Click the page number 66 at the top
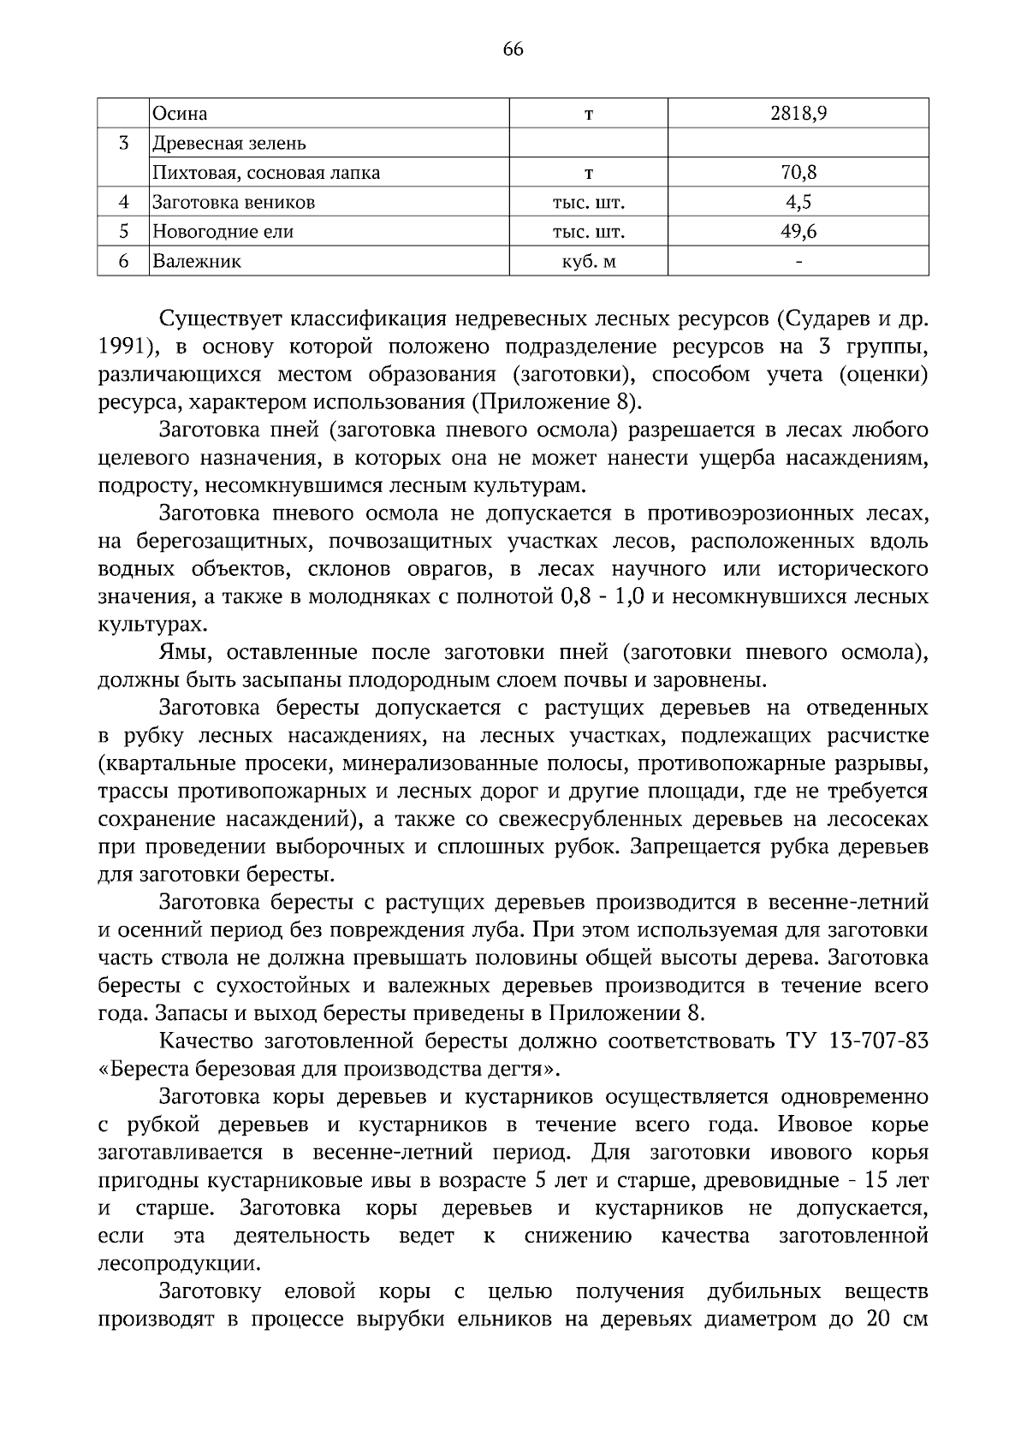(x=513, y=50)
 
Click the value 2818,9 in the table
(x=798, y=114)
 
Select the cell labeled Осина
(x=180, y=114)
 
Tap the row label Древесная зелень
(x=229, y=144)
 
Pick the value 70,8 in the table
(x=798, y=173)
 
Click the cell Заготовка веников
(x=233, y=203)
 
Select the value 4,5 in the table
(x=798, y=203)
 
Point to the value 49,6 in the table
(x=798, y=232)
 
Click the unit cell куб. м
(x=588, y=262)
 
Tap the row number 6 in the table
(x=123, y=262)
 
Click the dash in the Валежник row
(x=798, y=262)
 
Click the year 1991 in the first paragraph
(x=126, y=347)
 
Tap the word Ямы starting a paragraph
(x=181, y=653)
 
